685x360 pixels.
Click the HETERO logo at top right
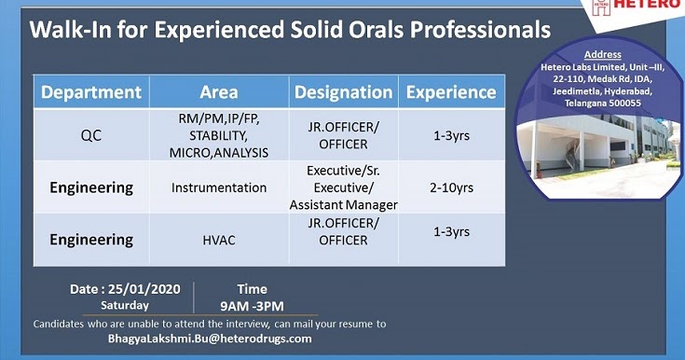tap(641, 8)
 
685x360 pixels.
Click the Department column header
tap(91, 92)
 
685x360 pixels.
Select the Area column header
tap(218, 92)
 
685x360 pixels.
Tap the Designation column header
tap(343, 92)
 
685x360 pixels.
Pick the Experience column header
tap(452, 92)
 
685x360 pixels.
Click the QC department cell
tap(91, 135)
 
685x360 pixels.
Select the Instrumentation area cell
tap(218, 187)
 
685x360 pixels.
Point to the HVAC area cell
tap(218, 240)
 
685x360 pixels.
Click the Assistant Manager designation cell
tap(343, 204)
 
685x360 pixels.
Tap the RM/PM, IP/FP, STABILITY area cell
tap(218, 135)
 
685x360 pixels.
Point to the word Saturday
tap(125, 305)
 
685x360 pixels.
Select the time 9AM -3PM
tap(252, 306)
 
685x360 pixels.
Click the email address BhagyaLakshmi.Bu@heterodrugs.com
tap(210, 339)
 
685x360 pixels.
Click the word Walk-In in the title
tap(67, 30)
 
